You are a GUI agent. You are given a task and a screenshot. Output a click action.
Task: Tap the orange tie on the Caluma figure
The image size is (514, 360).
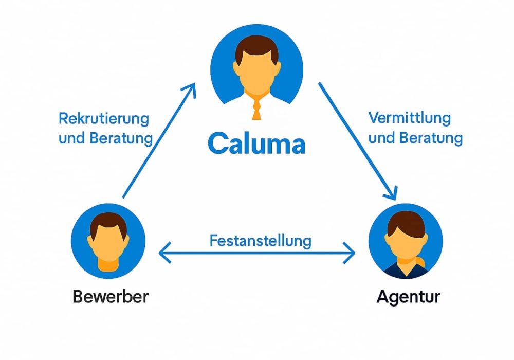tap(256, 109)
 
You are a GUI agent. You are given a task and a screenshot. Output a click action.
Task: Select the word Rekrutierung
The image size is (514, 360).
tap(104, 119)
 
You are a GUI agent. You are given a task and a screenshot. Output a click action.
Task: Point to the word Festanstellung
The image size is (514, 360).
tap(261, 240)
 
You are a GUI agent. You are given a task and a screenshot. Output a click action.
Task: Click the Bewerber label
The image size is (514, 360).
tap(111, 297)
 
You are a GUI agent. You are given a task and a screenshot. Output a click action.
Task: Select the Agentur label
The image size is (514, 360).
tap(408, 297)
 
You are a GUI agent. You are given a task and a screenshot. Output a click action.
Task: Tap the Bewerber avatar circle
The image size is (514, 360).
tap(108, 242)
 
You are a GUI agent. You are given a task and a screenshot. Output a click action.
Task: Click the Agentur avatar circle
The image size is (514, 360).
tap(406, 242)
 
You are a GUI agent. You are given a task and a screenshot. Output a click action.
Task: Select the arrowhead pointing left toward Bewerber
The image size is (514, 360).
tap(164, 253)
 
